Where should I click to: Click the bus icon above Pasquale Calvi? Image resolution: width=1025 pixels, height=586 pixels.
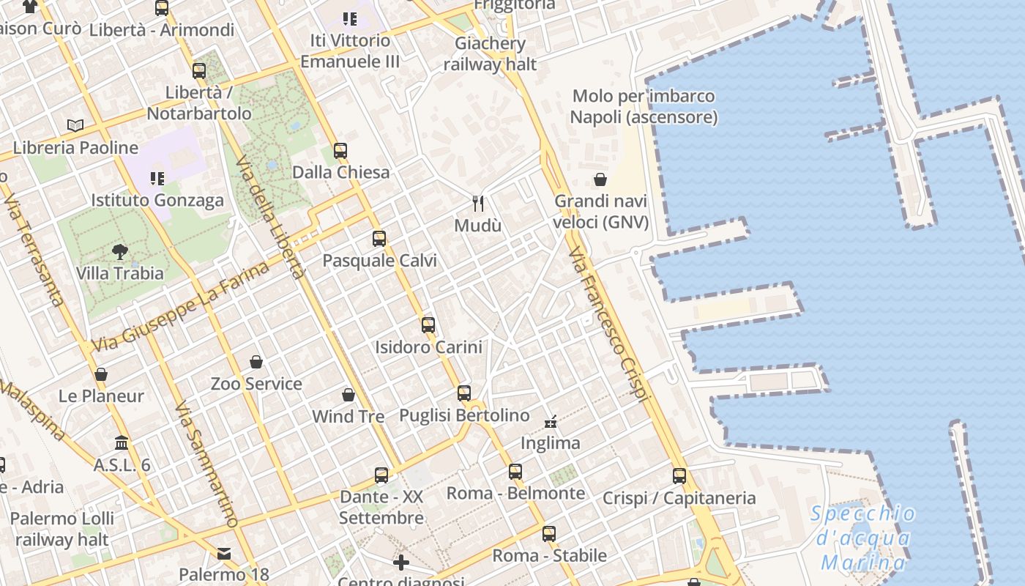[379, 239]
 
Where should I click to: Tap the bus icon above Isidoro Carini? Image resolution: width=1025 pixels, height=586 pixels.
[428, 324]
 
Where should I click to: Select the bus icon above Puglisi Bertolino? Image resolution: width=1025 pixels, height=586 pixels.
[464, 393]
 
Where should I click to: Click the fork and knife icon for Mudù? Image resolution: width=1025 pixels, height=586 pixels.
[478, 203]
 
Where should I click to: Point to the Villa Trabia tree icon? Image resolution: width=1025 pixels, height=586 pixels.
[120, 252]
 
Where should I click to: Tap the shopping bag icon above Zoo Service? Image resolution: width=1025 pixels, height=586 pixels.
[256, 362]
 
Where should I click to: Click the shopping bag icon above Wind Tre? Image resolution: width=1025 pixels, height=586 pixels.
[348, 395]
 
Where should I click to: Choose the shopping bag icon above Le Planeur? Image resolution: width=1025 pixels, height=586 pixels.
[101, 374]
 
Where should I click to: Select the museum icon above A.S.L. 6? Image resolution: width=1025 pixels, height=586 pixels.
[122, 443]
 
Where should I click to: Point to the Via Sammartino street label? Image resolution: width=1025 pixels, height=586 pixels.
[208, 464]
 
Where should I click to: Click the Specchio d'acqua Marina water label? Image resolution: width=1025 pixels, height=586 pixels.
[863, 538]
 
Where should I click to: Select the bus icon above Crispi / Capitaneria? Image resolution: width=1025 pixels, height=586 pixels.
[679, 476]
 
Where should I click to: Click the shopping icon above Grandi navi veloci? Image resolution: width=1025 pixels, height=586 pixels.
[600, 179]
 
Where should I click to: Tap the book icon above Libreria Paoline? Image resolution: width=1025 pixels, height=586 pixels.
[75, 125]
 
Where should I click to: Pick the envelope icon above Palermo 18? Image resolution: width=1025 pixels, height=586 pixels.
[224, 554]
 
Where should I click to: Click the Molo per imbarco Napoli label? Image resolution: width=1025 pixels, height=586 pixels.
[644, 106]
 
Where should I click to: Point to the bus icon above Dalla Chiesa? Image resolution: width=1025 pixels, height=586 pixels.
[340, 151]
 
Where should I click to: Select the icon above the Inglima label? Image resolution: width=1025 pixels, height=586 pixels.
[551, 421]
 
